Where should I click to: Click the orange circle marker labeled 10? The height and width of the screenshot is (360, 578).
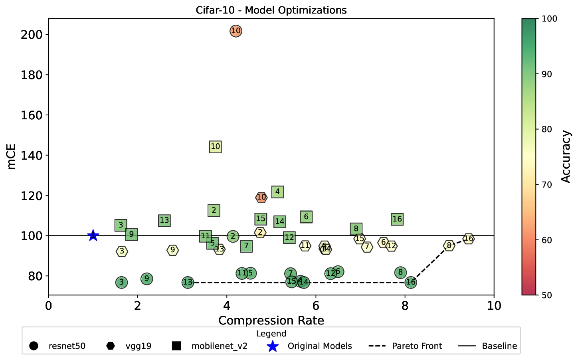[x=236, y=31]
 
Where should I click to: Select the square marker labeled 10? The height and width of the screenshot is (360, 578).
[x=215, y=146]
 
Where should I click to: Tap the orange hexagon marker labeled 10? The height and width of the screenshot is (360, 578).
[x=261, y=197]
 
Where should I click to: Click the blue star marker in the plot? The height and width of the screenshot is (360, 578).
[x=93, y=235]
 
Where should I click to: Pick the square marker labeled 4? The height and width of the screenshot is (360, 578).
[x=277, y=192]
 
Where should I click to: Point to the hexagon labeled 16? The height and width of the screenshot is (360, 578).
[x=468, y=239]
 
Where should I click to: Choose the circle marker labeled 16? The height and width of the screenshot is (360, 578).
[x=410, y=282]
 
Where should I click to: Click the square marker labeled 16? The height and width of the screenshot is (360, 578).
[x=397, y=219]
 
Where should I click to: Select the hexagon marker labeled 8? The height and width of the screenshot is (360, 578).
[x=449, y=245]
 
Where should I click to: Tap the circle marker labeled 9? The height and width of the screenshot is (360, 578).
[x=147, y=279]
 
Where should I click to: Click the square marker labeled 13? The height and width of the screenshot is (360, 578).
[x=164, y=220]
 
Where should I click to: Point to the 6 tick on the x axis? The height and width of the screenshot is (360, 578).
[x=316, y=306]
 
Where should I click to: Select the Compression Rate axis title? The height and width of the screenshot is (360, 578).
[x=271, y=320]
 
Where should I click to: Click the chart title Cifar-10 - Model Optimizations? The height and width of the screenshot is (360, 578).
[x=271, y=10]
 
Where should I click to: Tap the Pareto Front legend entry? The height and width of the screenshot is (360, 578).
[x=417, y=346]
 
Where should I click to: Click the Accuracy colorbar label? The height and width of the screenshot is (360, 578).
[x=566, y=156]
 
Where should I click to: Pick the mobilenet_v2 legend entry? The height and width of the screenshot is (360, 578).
[x=219, y=346]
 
